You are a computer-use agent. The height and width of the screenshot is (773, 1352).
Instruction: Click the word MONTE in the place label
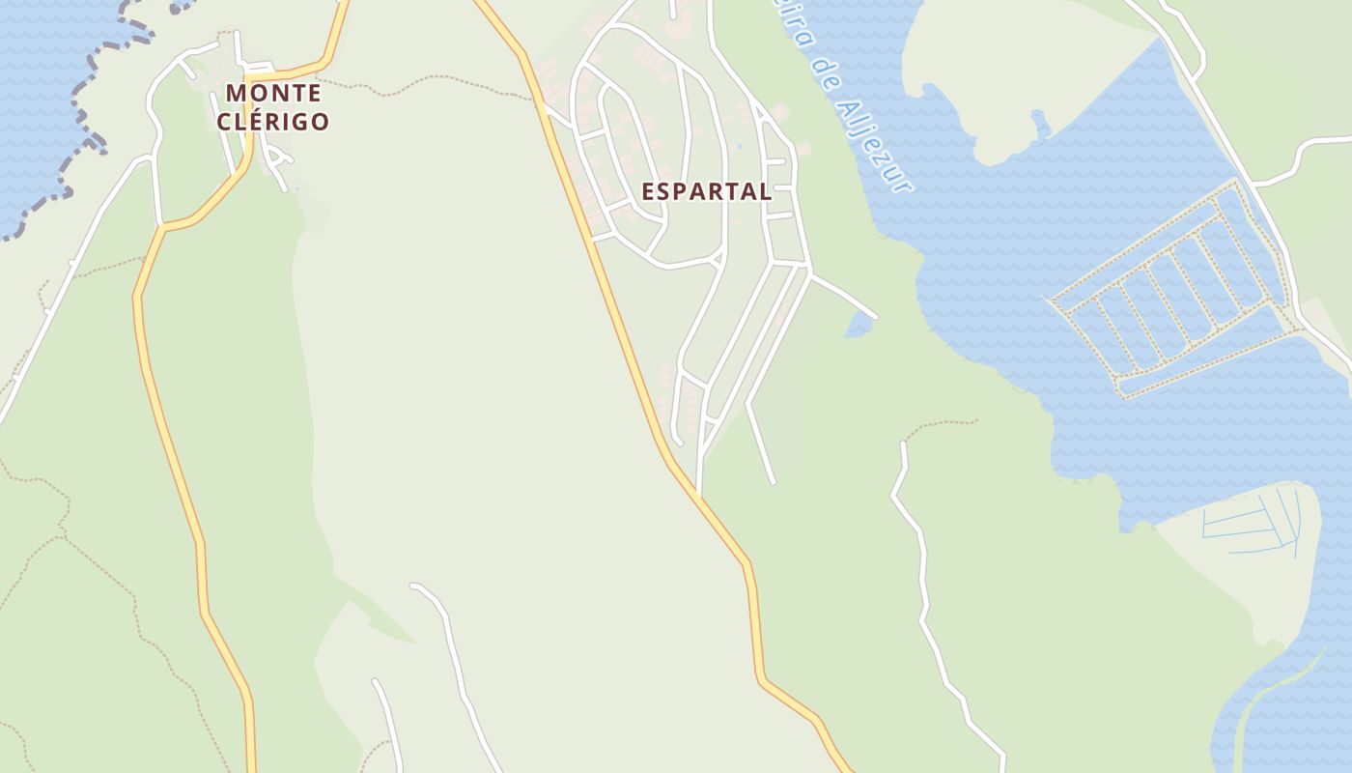coord(273,94)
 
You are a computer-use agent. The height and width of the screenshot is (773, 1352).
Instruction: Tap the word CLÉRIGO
coord(273,122)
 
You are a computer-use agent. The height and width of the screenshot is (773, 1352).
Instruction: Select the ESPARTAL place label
coord(706,191)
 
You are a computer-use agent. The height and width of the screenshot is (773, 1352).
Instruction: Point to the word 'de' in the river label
coord(824,73)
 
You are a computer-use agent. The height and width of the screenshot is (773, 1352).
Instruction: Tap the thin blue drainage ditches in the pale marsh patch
coord(1255,527)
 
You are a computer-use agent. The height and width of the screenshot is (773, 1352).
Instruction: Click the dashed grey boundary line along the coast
coord(82,116)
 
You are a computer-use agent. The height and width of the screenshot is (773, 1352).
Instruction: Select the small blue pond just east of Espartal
coord(857,326)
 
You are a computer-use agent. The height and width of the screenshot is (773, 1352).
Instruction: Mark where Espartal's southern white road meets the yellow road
coord(698,494)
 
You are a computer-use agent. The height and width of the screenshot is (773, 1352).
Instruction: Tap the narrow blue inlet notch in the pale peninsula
coord(1040,125)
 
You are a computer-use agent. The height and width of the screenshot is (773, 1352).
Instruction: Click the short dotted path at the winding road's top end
coord(942,422)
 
